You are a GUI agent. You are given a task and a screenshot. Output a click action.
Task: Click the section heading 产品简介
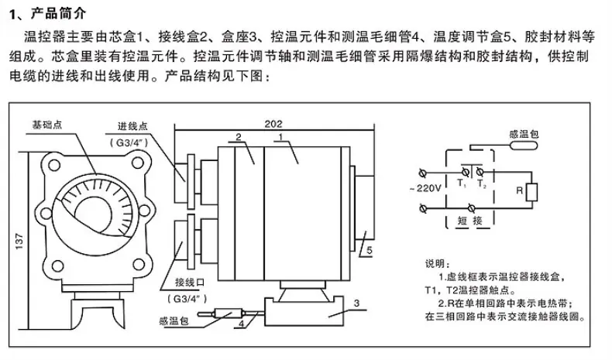coord(59,14)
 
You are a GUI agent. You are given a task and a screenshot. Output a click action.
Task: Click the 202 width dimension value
coord(273,124)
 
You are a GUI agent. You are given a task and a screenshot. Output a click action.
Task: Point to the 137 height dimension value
coord(19,242)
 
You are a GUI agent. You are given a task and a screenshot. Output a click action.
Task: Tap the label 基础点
coord(46,125)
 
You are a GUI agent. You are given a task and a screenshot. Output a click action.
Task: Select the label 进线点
coord(132,126)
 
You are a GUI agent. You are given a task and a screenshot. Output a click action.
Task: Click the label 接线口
coord(190,282)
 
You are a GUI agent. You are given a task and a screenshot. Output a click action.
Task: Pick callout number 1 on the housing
coord(280,137)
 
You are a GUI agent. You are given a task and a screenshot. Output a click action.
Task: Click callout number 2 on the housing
coord(239,137)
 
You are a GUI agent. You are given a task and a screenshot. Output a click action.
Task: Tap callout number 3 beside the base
coord(356,303)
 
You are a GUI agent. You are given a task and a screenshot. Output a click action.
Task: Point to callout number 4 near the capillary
coord(242,324)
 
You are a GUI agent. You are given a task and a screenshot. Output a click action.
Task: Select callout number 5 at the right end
coord(370,251)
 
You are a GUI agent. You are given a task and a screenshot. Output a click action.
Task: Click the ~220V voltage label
coord(425,188)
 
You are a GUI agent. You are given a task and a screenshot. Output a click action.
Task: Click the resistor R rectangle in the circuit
coord(531,192)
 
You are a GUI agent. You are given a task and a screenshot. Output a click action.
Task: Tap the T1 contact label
coord(462,183)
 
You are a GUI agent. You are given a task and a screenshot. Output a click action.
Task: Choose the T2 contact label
coord(482,183)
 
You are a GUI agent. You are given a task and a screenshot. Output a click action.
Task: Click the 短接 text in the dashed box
coord(470,221)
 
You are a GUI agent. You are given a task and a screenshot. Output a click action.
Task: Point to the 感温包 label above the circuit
coord(524,134)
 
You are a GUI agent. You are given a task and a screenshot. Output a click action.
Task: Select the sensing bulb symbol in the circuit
coord(524,146)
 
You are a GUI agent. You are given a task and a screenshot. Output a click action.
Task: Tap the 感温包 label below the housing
coord(174,321)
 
